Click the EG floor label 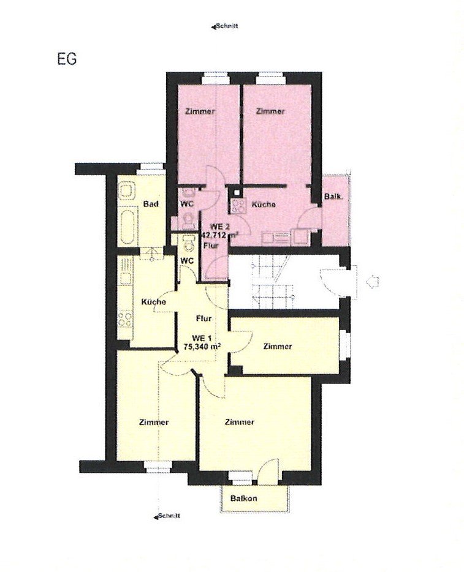67,59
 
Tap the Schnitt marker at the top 225,26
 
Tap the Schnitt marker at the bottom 167,516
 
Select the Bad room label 151,203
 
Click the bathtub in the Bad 127,226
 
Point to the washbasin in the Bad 126,191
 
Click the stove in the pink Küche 237,205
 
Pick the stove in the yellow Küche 125,319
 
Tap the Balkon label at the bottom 243,499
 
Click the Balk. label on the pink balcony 333,196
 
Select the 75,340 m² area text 202,347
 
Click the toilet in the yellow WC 188,243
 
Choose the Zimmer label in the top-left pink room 200,111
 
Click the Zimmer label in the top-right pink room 270,111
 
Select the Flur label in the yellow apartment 203,318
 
